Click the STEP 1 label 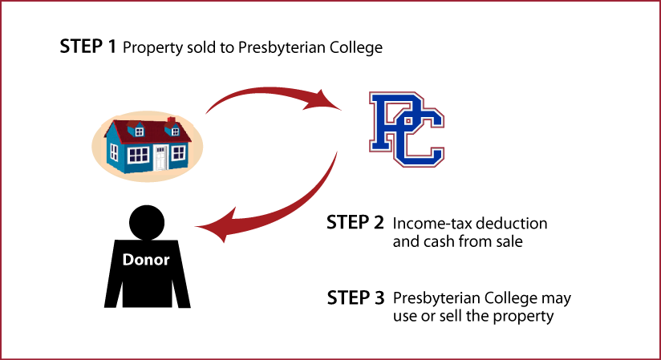pyautogui.click(x=87, y=47)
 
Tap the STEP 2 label pyautogui.click(x=355, y=223)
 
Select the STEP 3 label pyautogui.click(x=356, y=297)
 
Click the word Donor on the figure pyautogui.click(x=146, y=259)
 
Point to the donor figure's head pyautogui.click(x=147, y=223)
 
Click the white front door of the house pyautogui.click(x=160, y=158)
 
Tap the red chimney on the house pyautogui.click(x=171, y=122)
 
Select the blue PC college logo pyautogui.click(x=407, y=129)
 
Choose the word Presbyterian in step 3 pyautogui.click(x=436, y=298)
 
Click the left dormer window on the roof pyautogui.click(x=139, y=131)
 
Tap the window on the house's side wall pyautogui.click(x=114, y=152)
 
